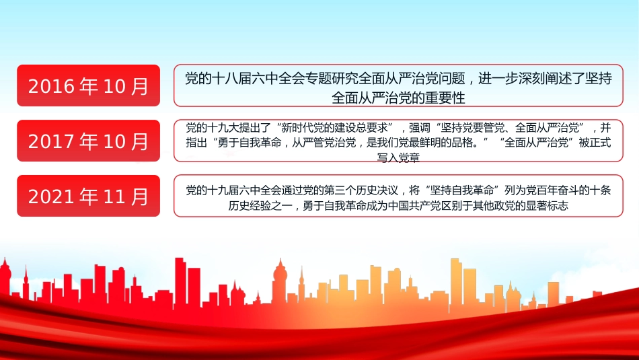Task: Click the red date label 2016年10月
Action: (88, 85)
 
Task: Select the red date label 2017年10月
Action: (88, 141)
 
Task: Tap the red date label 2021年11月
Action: (88, 196)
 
